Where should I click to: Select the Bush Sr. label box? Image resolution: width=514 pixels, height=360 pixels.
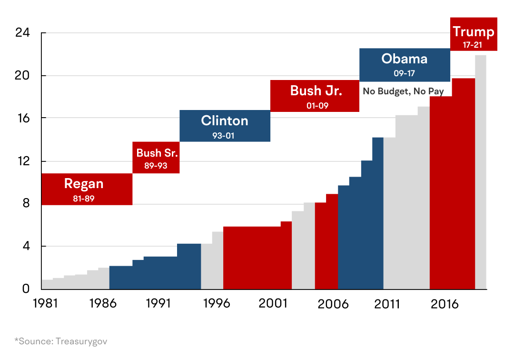(x=156, y=158)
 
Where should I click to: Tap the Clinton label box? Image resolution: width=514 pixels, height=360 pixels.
(x=225, y=126)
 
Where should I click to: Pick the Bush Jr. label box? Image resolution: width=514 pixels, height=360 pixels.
(x=315, y=96)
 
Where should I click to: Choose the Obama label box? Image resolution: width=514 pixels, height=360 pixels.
(x=404, y=65)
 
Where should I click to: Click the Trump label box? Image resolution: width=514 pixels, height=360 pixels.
(x=473, y=34)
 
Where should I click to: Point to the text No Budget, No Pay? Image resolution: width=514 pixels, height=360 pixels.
(x=403, y=91)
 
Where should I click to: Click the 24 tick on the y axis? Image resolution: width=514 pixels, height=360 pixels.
(x=23, y=33)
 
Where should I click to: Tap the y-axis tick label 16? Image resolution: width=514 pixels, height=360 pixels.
(x=23, y=118)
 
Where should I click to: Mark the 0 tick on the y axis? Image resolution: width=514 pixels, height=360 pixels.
(x=26, y=289)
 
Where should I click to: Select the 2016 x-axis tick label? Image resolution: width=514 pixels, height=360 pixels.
(x=445, y=304)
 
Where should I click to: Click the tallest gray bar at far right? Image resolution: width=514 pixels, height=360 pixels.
(x=480, y=171)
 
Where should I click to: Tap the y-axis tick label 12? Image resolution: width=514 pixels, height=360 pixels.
(x=23, y=161)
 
